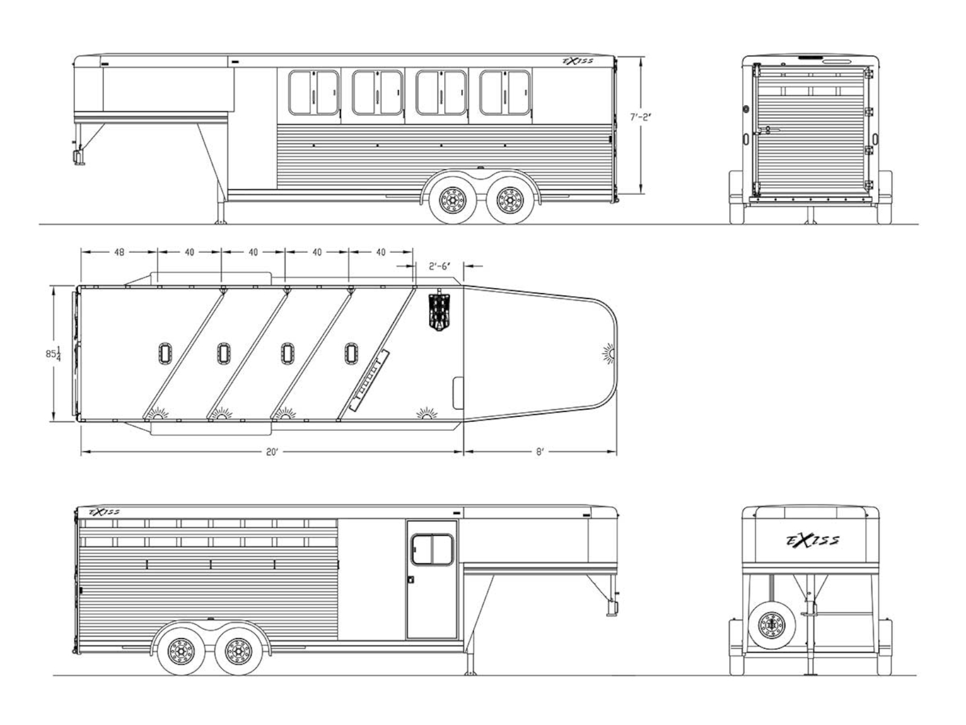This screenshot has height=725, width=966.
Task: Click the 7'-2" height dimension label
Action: [641, 118]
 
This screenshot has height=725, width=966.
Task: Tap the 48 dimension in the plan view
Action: [119, 252]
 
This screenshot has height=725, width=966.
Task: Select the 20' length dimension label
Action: [272, 452]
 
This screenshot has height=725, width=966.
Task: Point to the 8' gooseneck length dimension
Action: [540, 452]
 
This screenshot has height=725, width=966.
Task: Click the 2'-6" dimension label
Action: [439, 266]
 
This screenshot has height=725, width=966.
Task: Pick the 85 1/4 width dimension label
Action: [53, 353]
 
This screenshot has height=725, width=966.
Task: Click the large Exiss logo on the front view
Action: [813, 540]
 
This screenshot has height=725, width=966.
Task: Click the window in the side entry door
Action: [432, 550]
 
